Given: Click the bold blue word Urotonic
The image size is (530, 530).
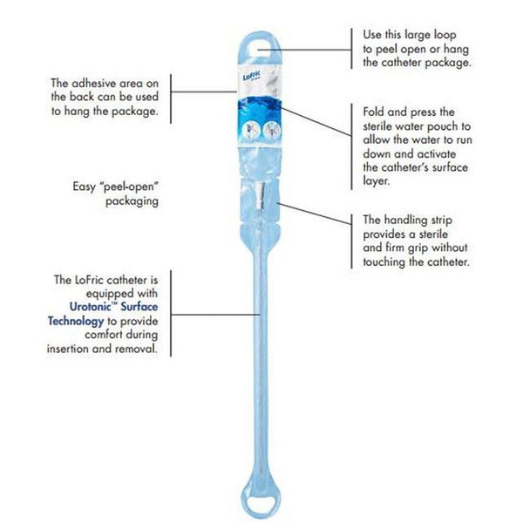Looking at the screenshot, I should coord(92,307).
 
